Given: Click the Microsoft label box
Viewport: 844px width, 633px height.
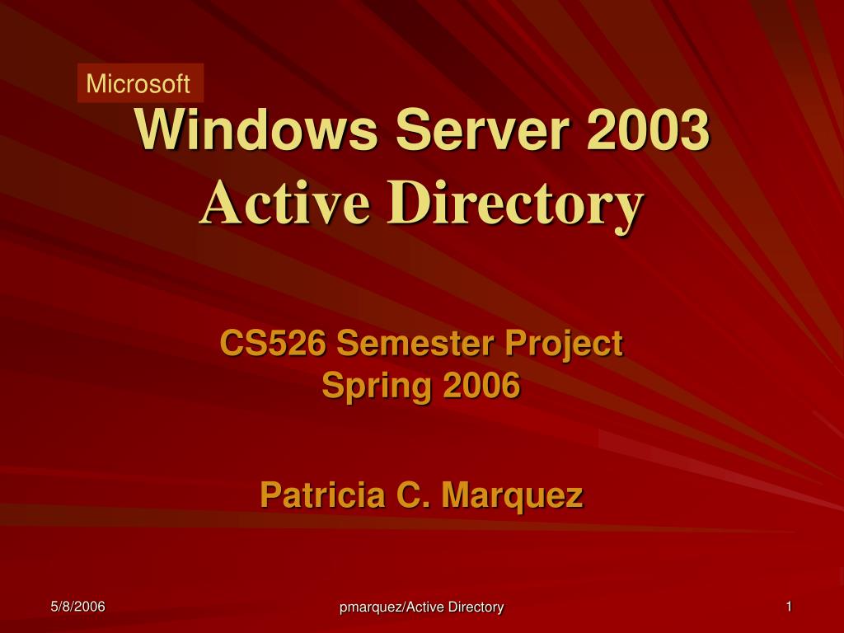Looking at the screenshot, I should pyautogui.click(x=139, y=83).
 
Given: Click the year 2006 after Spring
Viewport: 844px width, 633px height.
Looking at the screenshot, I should pyautogui.click(x=482, y=385).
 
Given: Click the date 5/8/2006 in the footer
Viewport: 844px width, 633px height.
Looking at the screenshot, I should pyautogui.click(x=77, y=607).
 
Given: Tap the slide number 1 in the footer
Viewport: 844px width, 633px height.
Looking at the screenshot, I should pyautogui.click(x=789, y=607).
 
